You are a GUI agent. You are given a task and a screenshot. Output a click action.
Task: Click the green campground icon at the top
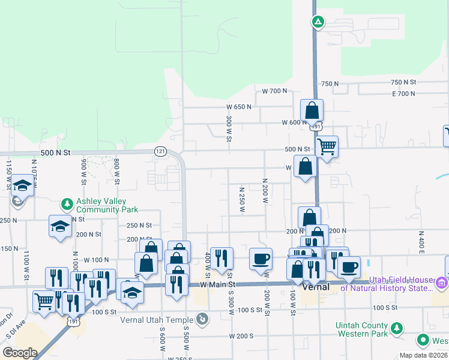[318, 23]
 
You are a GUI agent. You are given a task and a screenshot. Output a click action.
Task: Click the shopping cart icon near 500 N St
[327, 145]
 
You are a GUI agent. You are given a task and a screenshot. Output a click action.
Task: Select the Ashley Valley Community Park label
[107, 205]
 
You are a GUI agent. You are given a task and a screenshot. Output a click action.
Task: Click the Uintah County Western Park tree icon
[396, 328]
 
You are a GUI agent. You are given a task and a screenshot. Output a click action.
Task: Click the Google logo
[20, 352]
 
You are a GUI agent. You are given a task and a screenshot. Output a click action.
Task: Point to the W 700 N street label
[275, 91]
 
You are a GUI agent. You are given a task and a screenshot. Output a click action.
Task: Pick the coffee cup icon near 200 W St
[261, 258]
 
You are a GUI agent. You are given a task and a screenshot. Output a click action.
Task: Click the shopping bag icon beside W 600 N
[312, 110]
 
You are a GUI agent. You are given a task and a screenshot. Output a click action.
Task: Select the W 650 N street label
[239, 107]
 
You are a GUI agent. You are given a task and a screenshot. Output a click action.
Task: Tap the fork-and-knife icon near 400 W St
[221, 258]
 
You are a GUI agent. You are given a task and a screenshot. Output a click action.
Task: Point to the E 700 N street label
[403, 94]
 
